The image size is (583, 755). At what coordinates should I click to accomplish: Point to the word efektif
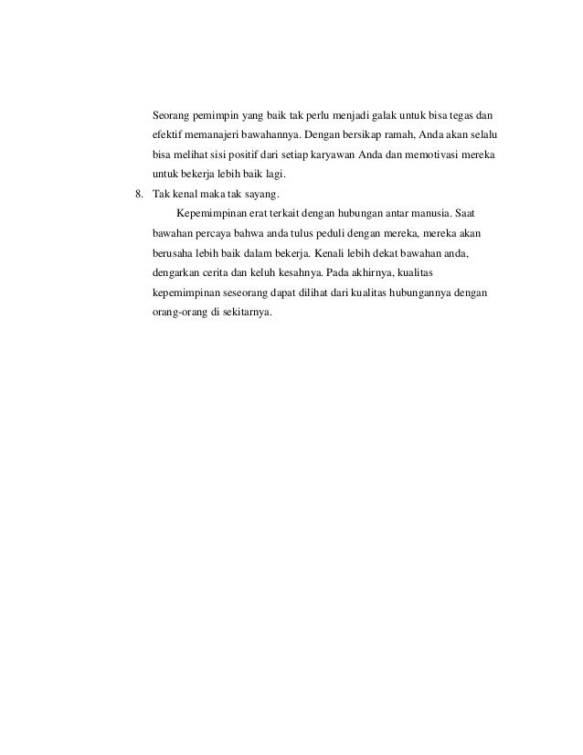(168, 135)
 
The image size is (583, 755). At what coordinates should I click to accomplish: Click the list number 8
(138, 195)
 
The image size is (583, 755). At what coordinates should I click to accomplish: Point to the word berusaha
(172, 253)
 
